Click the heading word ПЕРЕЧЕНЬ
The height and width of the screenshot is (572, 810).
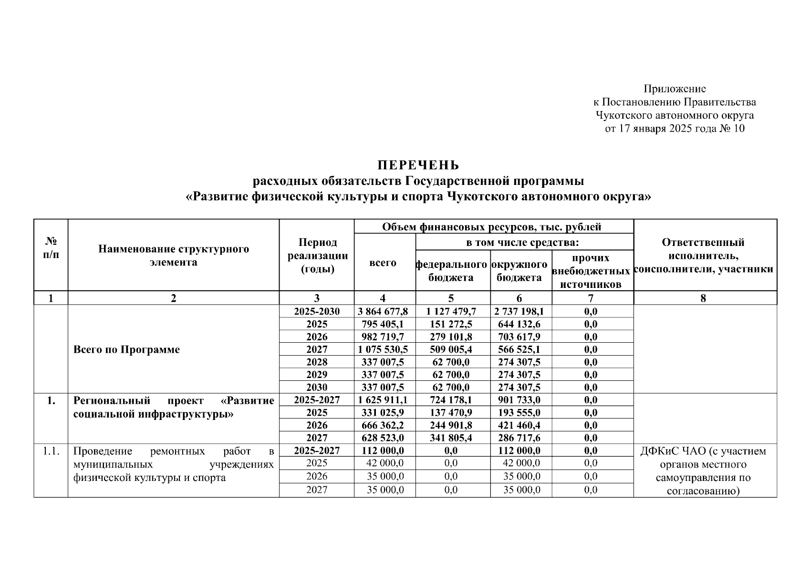[x=418, y=165]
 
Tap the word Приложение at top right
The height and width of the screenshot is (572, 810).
[x=675, y=89]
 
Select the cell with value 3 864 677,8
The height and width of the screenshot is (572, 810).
[x=383, y=312]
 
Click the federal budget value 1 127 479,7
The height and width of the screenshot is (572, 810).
[x=452, y=312]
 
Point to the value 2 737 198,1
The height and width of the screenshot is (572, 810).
[x=520, y=312]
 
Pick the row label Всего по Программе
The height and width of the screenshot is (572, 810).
[x=127, y=349]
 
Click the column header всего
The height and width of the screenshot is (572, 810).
[x=383, y=263]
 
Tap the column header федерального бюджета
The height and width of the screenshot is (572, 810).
[x=452, y=271]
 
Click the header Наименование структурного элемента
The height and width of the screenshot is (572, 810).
[x=173, y=255]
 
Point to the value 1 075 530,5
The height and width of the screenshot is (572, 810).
[x=383, y=349]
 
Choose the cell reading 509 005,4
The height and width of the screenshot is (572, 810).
[x=452, y=349]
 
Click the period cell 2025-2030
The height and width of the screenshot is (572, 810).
[x=317, y=312]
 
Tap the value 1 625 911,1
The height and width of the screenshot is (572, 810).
[x=383, y=400]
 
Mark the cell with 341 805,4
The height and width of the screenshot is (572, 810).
[x=452, y=438]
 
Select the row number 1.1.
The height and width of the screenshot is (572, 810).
[x=51, y=451]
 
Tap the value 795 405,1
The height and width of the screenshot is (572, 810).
[x=383, y=324]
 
